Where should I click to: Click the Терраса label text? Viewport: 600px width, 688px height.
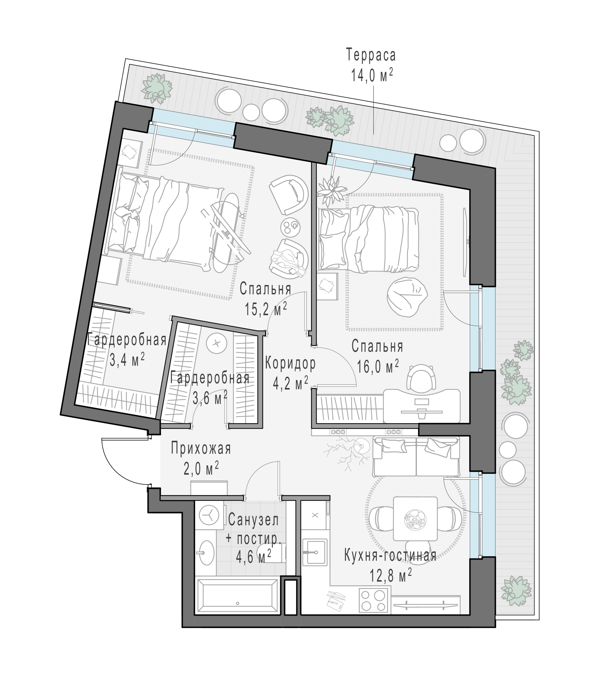coord(371,56)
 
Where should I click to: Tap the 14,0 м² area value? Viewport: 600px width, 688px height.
coord(372,75)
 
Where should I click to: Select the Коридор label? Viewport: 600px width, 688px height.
coord(290,364)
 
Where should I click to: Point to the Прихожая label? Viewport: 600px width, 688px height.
coord(201,449)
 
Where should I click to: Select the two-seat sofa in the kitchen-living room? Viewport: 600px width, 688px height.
coord(416,457)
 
